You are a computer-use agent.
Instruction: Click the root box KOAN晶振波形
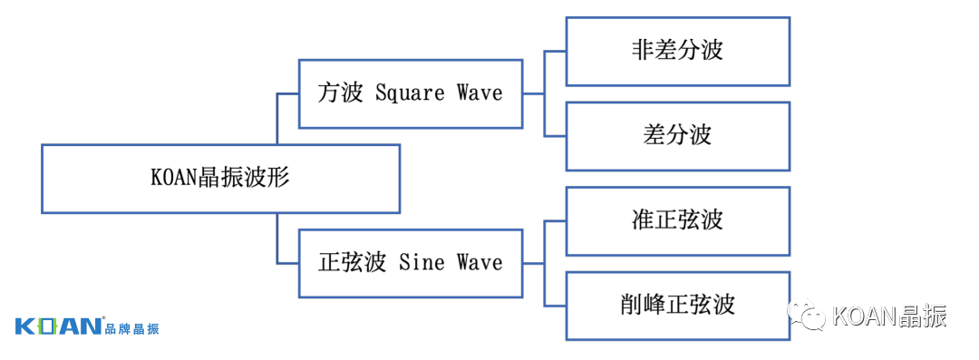220,179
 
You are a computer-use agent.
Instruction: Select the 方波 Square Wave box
411,93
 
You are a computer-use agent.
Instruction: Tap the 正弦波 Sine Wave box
411,263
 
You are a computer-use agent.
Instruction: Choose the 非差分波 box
677,51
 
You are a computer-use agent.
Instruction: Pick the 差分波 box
677,136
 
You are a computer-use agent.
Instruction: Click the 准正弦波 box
677,220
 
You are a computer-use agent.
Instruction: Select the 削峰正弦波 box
677,305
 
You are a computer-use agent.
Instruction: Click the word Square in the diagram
410,93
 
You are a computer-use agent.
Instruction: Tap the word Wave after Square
479,93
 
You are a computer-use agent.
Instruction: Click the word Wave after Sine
479,263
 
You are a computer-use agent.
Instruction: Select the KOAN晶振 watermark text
888,316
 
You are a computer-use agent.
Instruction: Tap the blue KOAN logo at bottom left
58,327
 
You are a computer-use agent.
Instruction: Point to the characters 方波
340,93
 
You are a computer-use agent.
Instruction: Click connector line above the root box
276,118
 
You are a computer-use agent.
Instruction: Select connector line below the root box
276,238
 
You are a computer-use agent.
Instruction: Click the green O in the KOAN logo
48,327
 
